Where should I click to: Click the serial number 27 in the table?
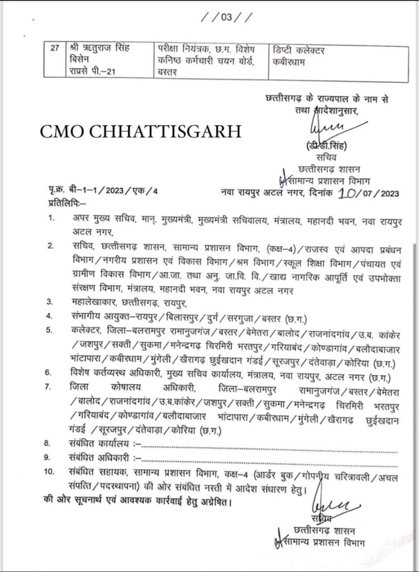[x=54, y=50]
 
